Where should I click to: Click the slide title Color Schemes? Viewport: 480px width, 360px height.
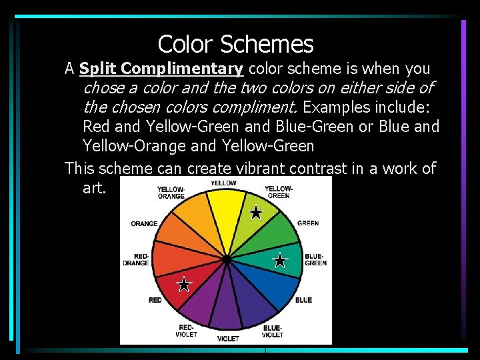(235, 44)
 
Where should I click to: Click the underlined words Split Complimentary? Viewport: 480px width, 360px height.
(161, 69)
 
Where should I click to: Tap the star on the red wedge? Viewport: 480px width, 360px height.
(184, 285)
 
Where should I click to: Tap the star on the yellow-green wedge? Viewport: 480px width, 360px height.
(256, 213)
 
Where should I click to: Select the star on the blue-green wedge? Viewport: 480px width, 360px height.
(280, 260)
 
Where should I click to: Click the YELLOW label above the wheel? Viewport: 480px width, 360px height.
(224, 183)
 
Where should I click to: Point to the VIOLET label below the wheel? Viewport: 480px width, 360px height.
(228, 339)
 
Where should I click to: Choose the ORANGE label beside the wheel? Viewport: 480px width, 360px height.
(144, 224)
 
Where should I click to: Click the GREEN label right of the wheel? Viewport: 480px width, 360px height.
(308, 223)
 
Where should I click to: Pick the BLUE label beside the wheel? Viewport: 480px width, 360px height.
(303, 300)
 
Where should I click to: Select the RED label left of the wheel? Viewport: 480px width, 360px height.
(155, 300)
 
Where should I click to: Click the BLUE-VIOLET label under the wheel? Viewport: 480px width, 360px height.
(272, 331)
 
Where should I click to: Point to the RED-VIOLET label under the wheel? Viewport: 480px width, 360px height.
(187, 331)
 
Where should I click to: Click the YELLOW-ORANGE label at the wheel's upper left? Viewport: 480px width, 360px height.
(171, 193)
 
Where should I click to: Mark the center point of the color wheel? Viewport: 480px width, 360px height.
(227, 259)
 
